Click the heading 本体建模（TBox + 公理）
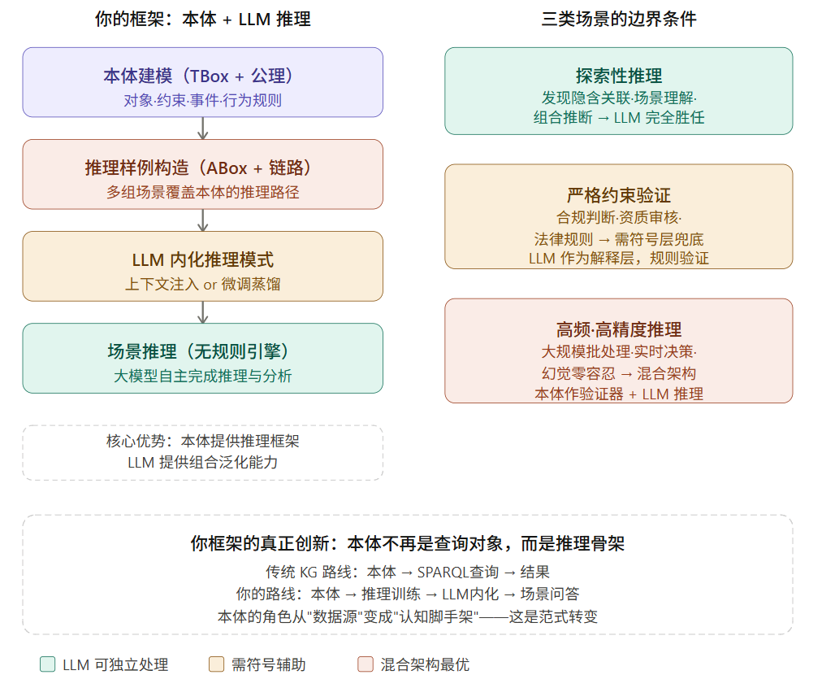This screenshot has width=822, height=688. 202,76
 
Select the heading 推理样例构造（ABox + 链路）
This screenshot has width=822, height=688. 202,168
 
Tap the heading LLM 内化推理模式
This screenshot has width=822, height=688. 202,260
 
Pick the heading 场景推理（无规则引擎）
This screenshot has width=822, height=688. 202,352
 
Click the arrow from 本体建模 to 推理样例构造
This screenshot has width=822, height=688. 203,128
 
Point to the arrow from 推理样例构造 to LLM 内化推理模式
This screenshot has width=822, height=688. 203,220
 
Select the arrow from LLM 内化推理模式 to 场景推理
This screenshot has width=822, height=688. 203,311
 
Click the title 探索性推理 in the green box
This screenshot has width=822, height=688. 618,76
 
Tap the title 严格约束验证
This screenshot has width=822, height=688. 618,196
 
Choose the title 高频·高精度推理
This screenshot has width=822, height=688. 618,329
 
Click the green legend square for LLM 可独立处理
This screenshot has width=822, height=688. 48,664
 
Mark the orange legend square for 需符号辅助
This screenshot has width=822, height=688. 216,664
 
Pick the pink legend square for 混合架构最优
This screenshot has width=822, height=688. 366,664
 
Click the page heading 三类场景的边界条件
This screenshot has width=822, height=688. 618,19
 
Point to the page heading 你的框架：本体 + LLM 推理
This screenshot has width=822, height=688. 202,19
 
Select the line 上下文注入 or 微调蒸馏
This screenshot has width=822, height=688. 202,284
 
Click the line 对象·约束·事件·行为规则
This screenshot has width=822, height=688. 202,100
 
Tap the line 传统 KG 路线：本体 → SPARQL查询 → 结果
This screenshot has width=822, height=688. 408,572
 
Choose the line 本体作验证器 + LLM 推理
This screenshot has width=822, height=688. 618,394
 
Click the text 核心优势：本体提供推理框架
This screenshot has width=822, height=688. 202,441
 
